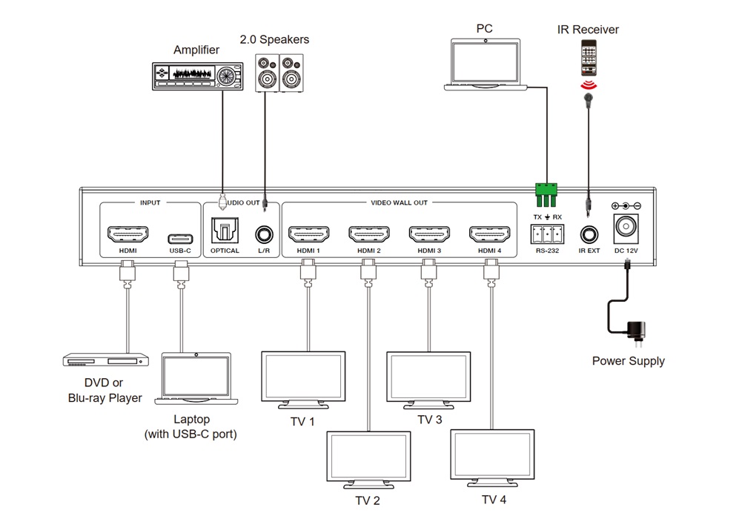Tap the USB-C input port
coord(181,238)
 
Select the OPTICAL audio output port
coord(225,233)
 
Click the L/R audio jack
coord(264,235)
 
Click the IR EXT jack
coord(589,235)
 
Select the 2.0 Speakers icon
coord(279,73)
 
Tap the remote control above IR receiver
coord(589,58)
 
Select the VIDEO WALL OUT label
coord(399,202)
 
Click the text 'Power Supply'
coord(628,361)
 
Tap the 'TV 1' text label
coord(302,422)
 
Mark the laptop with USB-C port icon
coord(196,379)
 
